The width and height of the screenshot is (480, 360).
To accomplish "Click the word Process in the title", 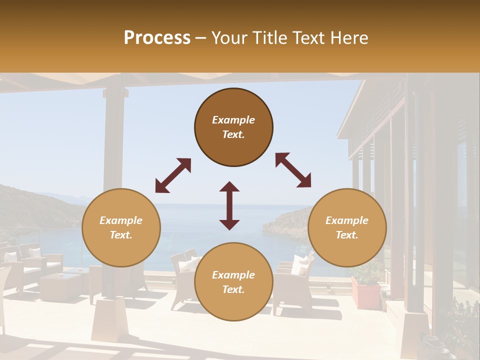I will (x=157, y=38).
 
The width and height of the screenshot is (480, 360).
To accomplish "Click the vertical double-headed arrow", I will (x=229, y=205).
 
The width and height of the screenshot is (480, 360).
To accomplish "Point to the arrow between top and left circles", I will (x=173, y=175).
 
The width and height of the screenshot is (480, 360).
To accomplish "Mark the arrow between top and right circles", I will (x=293, y=170).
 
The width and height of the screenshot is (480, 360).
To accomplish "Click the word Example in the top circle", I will (x=233, y=120).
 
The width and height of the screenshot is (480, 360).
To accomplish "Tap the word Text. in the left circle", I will (x=121, y=235).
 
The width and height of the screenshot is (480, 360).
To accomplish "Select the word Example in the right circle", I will (x=347, y=220).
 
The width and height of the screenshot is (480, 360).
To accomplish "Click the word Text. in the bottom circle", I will (x=233, y=289).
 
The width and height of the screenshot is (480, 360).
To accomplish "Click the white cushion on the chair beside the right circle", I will (x=300, y=265).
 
